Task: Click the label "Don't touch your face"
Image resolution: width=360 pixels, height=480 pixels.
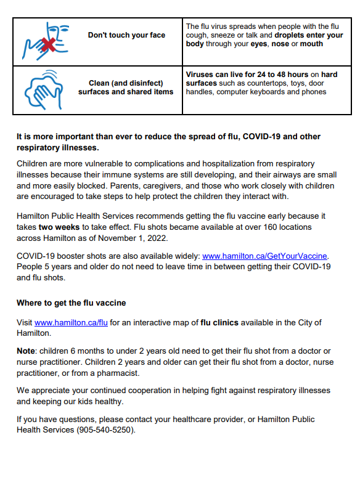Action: pos(126,35)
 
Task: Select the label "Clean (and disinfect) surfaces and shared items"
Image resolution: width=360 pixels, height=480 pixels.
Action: pos(126,87)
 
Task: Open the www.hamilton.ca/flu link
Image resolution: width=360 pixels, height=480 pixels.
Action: pos(71,322)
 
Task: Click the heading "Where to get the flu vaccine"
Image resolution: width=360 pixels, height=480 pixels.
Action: pos(71,303)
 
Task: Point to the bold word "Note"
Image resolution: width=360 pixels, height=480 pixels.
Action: pos(27,351)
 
